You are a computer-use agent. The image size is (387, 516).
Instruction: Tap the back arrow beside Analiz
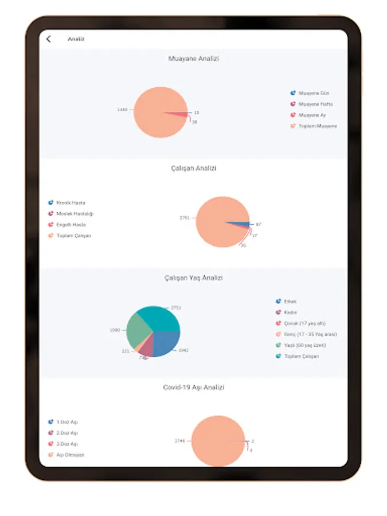point(49,39)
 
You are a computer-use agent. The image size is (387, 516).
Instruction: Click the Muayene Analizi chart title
point(193,58)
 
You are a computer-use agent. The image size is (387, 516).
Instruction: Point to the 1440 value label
point(122,109)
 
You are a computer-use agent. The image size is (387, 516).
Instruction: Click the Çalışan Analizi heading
point(193,169)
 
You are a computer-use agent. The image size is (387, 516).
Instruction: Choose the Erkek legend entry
point(290,301)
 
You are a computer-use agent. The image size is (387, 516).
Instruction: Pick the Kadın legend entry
point(290,312)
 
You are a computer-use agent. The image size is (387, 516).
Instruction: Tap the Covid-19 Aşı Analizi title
point(193,388)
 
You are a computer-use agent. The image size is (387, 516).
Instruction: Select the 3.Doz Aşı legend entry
point(67,444)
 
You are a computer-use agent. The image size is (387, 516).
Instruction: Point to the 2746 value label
point(179,440)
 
